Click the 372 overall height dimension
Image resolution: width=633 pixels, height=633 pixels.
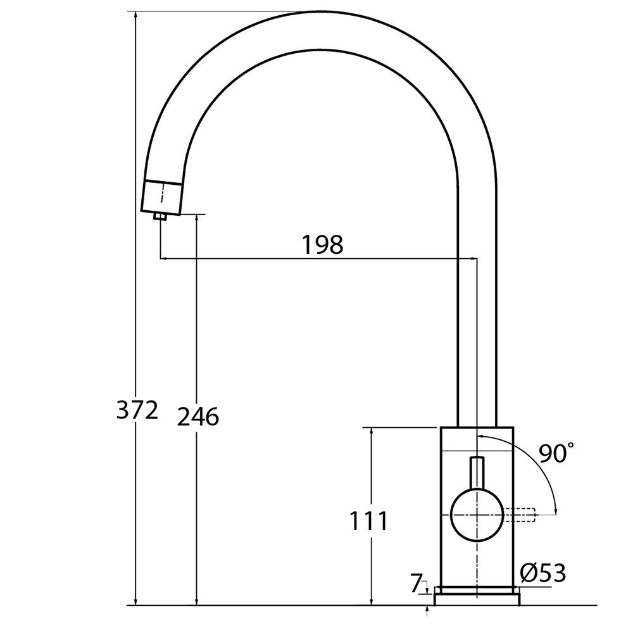coord(137,410)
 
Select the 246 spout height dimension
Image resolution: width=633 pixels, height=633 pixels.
coord(197,417)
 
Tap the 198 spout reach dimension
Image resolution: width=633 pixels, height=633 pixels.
coord(323,244)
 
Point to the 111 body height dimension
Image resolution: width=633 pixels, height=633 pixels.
coord(368,520)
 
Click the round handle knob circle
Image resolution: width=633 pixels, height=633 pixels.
coord(477,515)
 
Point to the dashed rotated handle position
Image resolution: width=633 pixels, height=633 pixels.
coord(519,515)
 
